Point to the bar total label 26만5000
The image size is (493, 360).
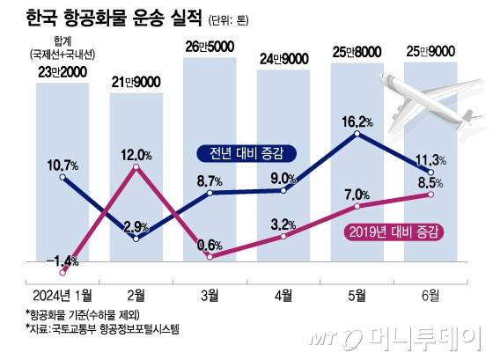pyautogui.click(x=209, y=47)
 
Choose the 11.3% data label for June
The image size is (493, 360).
pyautogui.click(x=430, y=159)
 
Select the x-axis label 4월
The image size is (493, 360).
pyautogui.click(x=283, y=293)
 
